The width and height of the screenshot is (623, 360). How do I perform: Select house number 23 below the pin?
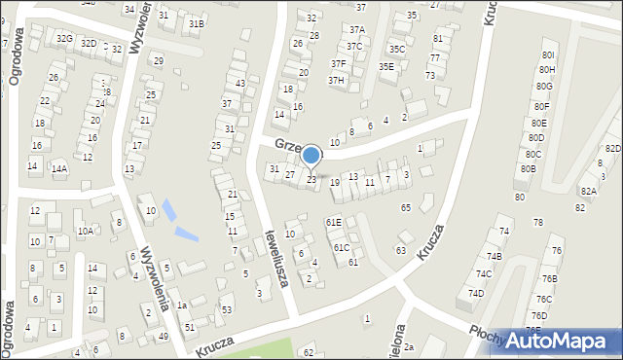pyautogui.click(x=311, y=179)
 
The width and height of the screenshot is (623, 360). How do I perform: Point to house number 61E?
pyautogui.click(x=333, y=223)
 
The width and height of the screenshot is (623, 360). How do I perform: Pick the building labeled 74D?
pyautogui.click(x=476, y=293)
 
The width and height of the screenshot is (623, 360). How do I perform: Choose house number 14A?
pyautogui.click(x=59, y=168)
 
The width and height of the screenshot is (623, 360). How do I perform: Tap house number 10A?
pyautogui.click(x=86, y=231)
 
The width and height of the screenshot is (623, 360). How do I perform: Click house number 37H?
pyautogui.click(x=336, y=80)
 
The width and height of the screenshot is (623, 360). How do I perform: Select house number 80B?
pyautogui.click(x=529, y=168)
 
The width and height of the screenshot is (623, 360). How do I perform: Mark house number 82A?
pyautogui.click(x=588, y=192)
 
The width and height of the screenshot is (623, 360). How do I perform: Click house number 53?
pyautogui.click(x=227, y=309)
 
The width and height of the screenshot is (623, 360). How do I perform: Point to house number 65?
pyautogui.click(x=405, y=208)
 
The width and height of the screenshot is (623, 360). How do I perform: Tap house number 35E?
pyautogui.click(x=386, y=66)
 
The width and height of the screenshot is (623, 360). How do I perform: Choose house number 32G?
pyautogui.click(x=64, y=38)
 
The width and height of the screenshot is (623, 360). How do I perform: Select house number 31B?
pyautogui.click(x=197, y=23)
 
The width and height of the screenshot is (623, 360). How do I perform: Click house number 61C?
pyautogui.click(x=342, y=248)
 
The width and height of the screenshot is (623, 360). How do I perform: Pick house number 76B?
pyautogui.click(x=550, y=279)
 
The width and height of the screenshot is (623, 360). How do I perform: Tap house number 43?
pyautogui.click(x=239, y=84)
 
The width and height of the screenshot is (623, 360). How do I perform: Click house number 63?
pyautogui.click(x=400, y=250)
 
